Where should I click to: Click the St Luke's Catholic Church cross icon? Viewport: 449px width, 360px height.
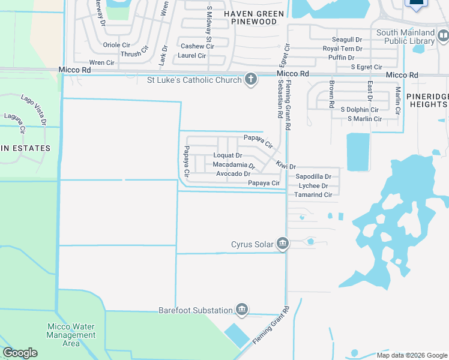click(x=251, y=79)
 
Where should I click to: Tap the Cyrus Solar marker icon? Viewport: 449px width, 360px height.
click(x=283, y=244)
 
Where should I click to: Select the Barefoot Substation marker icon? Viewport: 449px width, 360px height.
click(x=241, y=310)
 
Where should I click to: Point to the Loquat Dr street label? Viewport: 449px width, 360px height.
click(x=228, y=155)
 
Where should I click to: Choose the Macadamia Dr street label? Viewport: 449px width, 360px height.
click(x=234, y=164)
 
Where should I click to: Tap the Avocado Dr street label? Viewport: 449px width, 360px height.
click(x=233, y=174)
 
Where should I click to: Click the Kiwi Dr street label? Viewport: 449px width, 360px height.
click(x=286, y=165)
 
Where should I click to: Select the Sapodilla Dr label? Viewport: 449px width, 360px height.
click(x=313, y=177)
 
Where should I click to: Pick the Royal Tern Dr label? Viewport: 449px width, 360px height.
click(x=343, y=49)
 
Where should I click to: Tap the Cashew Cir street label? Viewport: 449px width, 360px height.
click(x=193, y=46)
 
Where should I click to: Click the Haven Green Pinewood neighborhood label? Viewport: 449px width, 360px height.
click(x=251, y=17)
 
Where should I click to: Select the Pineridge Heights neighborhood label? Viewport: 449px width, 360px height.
click(x=426, y=100)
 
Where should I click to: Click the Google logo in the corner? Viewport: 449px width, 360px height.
click(x=20, y=353)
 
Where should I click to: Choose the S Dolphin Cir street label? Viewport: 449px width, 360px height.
click(x=360, y=110)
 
